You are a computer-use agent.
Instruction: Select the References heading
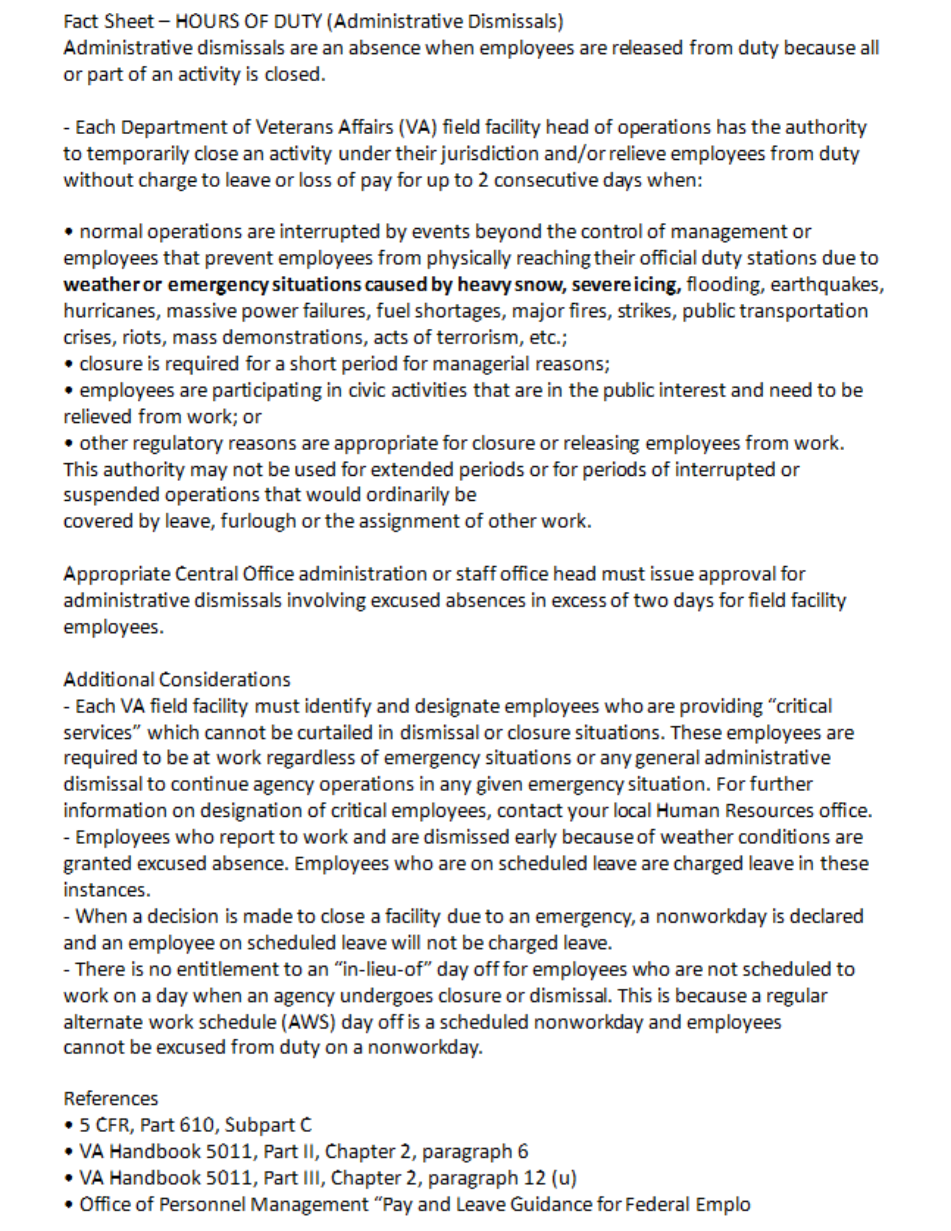(x=111, y=1099)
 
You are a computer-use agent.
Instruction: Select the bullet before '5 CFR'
(x=69, y=1125)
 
